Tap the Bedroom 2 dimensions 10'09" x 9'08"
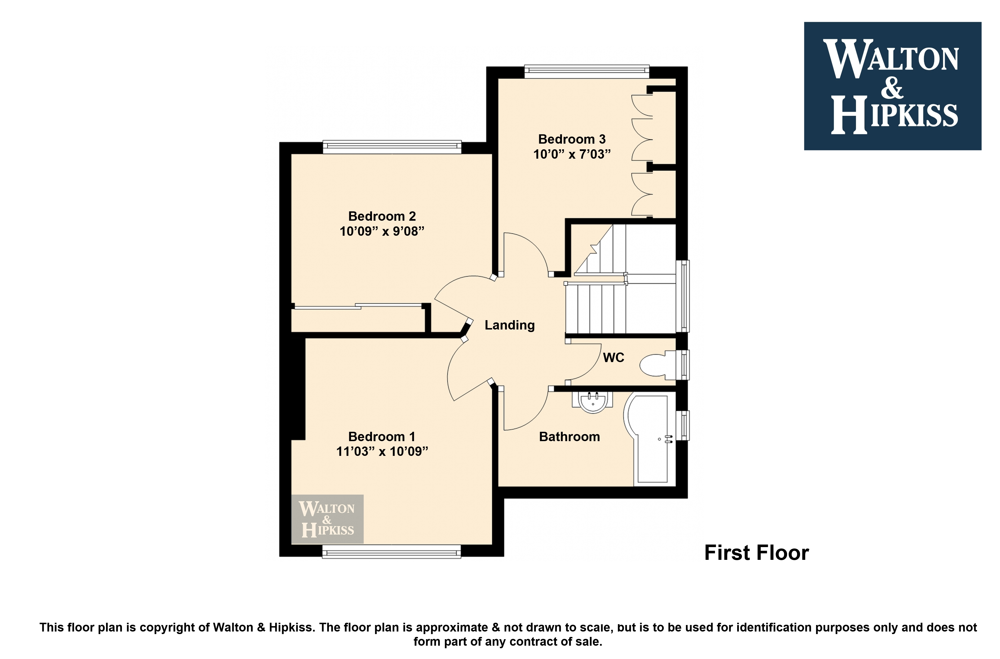click(x=382, y=231)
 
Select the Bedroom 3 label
click(x=572, y=139)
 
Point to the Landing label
click(x=510, y=325)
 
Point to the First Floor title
click(x=756, y=553)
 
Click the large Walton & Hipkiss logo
click(x=892, y=86)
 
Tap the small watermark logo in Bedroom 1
click(x=327, y=519)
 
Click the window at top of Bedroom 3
click(x=587, y=71)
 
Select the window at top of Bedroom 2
click(x=392, y=147)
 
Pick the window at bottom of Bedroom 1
click(x=392, y=551)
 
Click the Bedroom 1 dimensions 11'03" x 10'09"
click(x=382, y=451)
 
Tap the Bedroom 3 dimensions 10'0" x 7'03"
click(x=572, y=154)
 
